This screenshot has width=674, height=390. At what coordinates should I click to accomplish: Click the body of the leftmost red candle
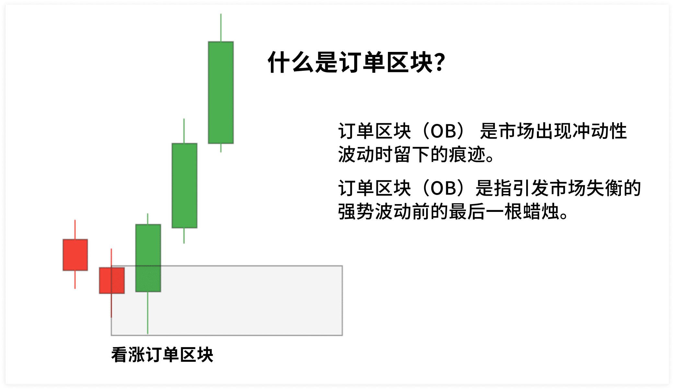click(x=75, y=255)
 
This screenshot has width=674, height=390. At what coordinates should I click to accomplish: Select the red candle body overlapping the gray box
click(x=112, y=280)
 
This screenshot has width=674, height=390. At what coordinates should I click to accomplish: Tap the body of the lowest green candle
click(x=148, y=258)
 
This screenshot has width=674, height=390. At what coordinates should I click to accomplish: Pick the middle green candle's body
click(x=184, y=186)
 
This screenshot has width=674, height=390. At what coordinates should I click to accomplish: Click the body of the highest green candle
click(x=221, y=92)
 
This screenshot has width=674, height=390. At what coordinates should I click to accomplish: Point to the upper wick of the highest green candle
click(x=221, y=28)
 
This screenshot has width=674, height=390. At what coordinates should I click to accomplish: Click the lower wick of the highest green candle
click(x=221, y=148)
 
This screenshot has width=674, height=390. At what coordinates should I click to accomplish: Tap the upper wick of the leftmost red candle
click(x=75, y=230)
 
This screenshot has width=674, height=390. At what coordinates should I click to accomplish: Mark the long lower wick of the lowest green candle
click(x=148, y=313)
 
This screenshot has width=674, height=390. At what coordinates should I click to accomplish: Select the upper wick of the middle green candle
click(x=184, y=131)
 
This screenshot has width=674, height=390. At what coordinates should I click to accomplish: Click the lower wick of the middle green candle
click(x=184, y=236)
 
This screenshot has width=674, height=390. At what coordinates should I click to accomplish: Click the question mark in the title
click(x=440, y=62)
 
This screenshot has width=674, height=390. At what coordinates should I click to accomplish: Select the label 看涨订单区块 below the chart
click(x=162, y=355)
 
